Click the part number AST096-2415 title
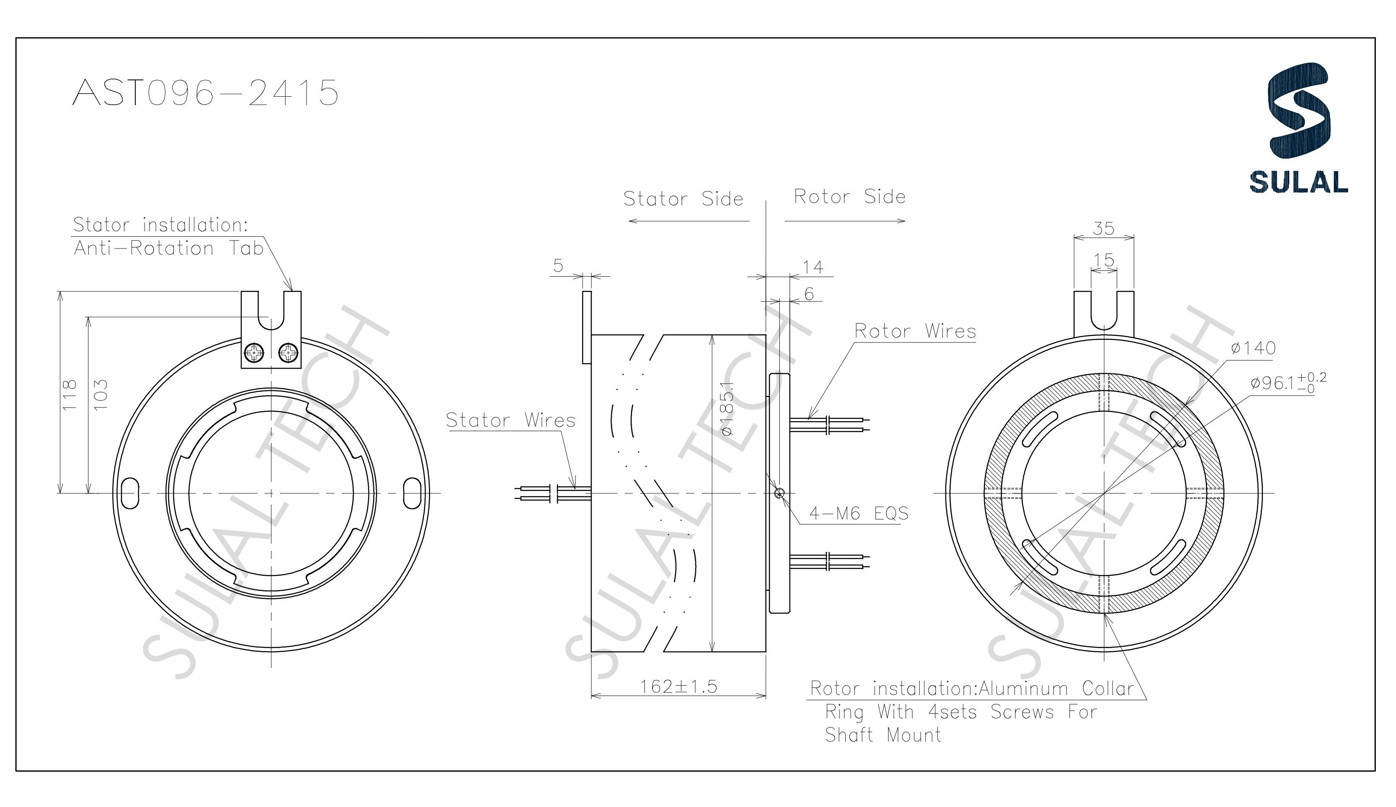(x=205, y=92)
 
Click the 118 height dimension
(x=69, y=395)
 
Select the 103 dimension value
(x=100, y=395)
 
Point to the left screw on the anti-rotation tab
(x=254, y=352)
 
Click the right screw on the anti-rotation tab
(x=289, y=351)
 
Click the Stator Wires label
(x=510, y=421)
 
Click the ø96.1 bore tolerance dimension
(x=1287, y=382)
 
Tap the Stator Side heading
(x=683, y=199)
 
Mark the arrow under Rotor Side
(x=844, y=221)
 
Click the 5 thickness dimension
(x=558, y=266)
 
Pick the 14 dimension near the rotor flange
(x=813, y=267)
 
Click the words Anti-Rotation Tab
(x=168, y=249)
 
